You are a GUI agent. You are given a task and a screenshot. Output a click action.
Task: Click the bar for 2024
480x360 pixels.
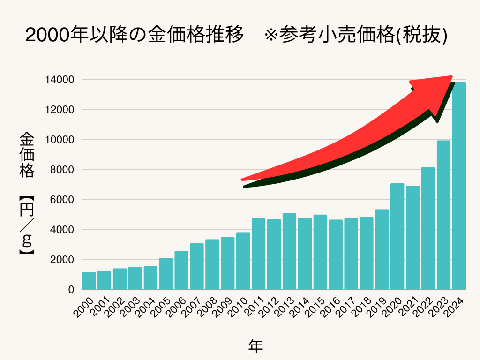[459, 186]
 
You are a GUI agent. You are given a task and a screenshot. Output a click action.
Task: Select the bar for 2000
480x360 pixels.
[89, 281]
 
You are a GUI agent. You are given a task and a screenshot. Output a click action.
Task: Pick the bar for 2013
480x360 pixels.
[289, 251]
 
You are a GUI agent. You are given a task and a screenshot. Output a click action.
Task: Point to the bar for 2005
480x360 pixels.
[166, 274]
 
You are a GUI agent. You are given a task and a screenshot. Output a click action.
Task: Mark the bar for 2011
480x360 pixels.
[258, 254]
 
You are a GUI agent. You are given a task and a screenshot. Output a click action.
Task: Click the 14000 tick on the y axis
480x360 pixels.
[60, 80]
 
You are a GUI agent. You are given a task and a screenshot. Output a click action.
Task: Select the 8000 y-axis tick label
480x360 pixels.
[62, 170]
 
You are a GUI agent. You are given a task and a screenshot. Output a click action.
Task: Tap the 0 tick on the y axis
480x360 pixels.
[71, 290]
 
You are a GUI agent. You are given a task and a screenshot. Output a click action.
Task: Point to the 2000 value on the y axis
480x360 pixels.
[62, 260]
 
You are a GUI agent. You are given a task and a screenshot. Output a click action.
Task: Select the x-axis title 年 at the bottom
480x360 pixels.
[255, 346]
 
